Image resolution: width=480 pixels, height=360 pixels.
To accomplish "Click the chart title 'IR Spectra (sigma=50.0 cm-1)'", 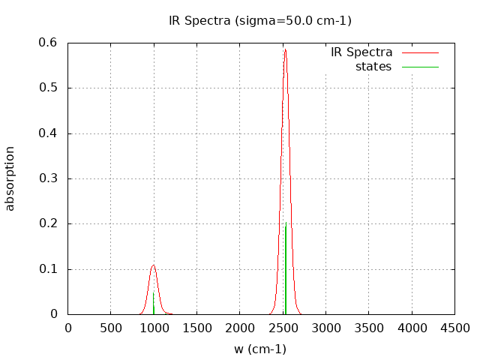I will tap(260, 21).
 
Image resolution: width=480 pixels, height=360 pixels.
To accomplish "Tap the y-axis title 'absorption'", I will tap(10, 178).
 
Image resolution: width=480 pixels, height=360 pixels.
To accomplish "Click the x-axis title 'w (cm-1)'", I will tap(260, 349).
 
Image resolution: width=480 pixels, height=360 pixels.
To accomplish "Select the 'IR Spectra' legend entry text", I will tap(361, 52).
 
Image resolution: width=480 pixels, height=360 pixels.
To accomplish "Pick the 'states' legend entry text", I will tap(373, 67).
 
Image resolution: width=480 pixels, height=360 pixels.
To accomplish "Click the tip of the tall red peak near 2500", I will tap(285, 50).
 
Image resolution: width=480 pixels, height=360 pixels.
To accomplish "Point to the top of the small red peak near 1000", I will tap(153, 265).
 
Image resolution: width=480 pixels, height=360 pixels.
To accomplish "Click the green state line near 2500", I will tap(286, 270).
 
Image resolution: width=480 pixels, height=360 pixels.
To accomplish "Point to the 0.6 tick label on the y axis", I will tap(49, 43).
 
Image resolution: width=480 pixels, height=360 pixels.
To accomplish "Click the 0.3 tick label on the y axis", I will tap(49, 178).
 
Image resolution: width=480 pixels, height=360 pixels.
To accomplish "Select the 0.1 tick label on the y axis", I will tap(49, 269).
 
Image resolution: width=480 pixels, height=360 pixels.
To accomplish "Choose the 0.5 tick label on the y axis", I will tap(49, 88).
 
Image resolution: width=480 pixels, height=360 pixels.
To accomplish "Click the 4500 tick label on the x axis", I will tap(454, 328).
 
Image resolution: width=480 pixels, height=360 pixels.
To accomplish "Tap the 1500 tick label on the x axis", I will tap(196, 328).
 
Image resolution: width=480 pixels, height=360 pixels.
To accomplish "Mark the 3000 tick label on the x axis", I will tap(325, 328).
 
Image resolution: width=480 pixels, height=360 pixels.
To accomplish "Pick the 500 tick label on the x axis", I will tap(111, 328).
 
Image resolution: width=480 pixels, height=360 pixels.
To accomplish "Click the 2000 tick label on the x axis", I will tap(240, 328).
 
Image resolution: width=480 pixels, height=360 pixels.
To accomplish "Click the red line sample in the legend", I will tap(420, 52).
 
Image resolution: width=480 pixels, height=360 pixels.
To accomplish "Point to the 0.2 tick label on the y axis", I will tap(49, 223).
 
